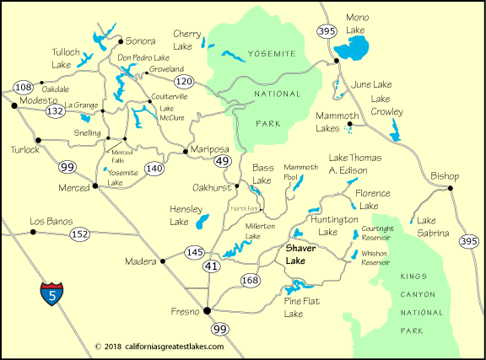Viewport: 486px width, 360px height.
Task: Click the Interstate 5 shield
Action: (51, 294)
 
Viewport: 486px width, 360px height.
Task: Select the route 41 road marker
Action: (208, 266)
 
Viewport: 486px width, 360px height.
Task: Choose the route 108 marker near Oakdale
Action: (24, 88)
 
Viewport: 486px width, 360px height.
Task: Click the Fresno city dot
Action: (207, 311)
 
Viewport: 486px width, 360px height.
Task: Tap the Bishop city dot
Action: (451, 188)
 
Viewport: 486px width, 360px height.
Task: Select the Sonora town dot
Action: (119, 40)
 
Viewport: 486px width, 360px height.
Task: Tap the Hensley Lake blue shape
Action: (202, 222)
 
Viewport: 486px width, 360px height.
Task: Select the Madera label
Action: (140, 261)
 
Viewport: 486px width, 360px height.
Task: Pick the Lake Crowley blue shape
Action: (395, 130)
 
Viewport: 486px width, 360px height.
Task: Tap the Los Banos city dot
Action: (34, 231)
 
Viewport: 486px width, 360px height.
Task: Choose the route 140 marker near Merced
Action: (154, 169)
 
